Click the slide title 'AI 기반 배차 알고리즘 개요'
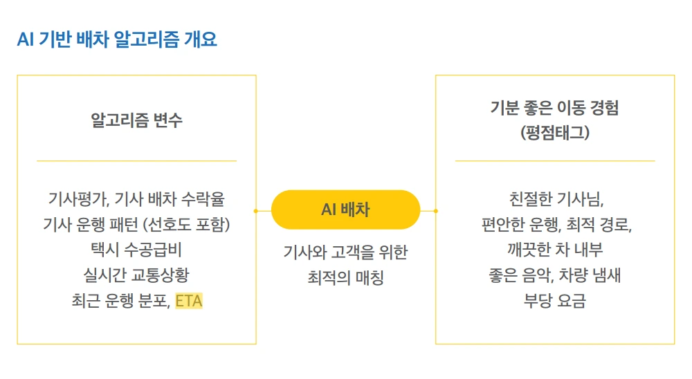coord(117,39)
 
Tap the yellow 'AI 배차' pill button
coord(345,210)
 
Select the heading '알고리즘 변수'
coord(136,120)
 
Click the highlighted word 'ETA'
coord(189,301)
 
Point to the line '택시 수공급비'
coord(136,250)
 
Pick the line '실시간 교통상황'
coord(136,275)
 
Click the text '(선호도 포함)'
coord(187,225)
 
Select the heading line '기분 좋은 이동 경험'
coord(554,108)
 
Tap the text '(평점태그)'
coord(554,133)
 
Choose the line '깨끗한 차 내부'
coord(554,250)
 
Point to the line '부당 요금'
coord(554,301)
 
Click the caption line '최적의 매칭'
coord(345,278)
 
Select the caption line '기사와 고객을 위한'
coord(345,252)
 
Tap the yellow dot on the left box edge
coord(256,210)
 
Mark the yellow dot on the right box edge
coord(435,210)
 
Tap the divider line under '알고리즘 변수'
coord(136,160)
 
